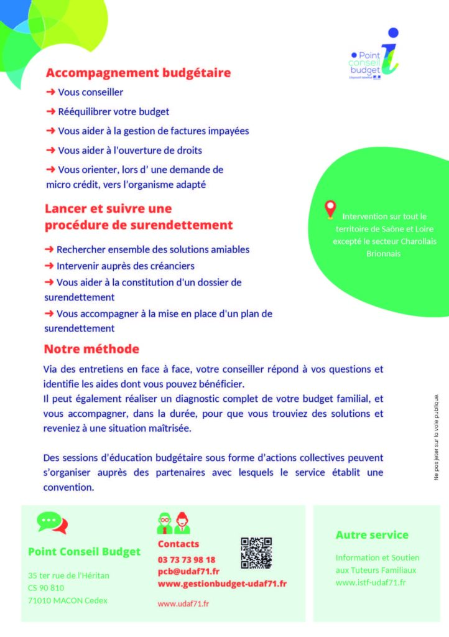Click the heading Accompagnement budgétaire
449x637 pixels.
tap(138, 73)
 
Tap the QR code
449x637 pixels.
tap(256, 552)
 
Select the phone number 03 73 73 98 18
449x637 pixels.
tap(187, 559)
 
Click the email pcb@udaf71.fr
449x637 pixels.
tap(188, 571)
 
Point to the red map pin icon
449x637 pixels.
tap(330, 209)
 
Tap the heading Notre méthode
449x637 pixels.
tap(91, 349)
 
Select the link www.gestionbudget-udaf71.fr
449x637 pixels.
tap(222, 584)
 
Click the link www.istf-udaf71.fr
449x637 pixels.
tap(371, 582)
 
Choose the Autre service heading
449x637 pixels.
tap(372, 535)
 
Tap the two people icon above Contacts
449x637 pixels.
tap(174, 523)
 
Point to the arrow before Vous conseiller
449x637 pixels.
tap(50, 92)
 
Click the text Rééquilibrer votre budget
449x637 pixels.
tap(113, 111)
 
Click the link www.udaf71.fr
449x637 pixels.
tap(183, 603)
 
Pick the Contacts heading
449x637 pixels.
tap(178, 544)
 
